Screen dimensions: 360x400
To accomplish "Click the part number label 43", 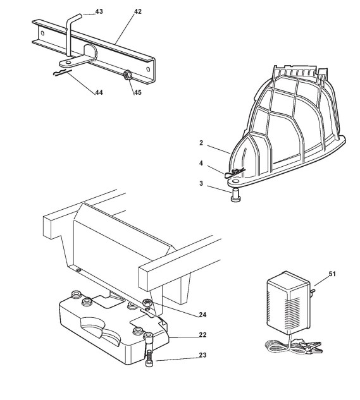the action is pyautogui.click(x=99, y=11).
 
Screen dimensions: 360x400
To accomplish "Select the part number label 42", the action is pyautogui.click(x=138, y=11).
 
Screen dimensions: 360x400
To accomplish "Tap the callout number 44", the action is pyautogui.click(x=99, y=92).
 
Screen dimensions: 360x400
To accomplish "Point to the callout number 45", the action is pyautogui.click(x=138, y=92).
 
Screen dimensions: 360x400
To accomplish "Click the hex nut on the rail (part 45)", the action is pyautogui.click(x=127, y=75).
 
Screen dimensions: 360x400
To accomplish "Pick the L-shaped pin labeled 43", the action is pyautogui.click(x=68, y=36).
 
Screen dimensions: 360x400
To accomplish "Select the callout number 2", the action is pyautogui.click(x=201, y=143).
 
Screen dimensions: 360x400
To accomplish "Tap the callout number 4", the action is pyautogui.click(x=201, y=163).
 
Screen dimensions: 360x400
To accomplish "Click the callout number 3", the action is pyautogui.click(x=201, y=183).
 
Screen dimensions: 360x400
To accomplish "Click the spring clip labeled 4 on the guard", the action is pyautogui.click(x=234, y=173).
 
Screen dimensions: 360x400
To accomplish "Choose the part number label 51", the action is pyautogui.click(x=332, y=274).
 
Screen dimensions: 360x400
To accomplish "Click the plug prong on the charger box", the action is pyautogui.click(x=312, y=291).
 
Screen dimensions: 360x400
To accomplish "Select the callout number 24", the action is pyautogui.click(x=202, y=315).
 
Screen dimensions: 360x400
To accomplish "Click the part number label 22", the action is pyautogui.click(x=202, y=335).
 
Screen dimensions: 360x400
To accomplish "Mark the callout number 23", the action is pyautogui.click(x=202, y=355).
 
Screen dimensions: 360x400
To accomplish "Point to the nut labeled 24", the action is pyautogui.click(x=147, y=303).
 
